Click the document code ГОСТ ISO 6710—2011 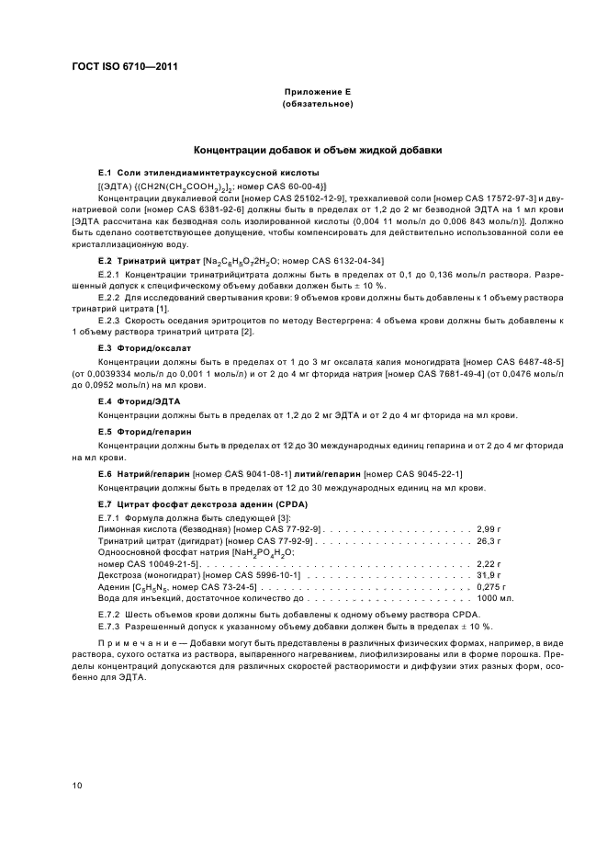click(x=124, y=66)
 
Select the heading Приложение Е click(x=317, y=93)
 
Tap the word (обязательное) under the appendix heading click(x=317, y=104)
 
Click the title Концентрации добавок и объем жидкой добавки click(x=317, y=149)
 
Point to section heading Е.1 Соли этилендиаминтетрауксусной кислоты click(x=208, y=173)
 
